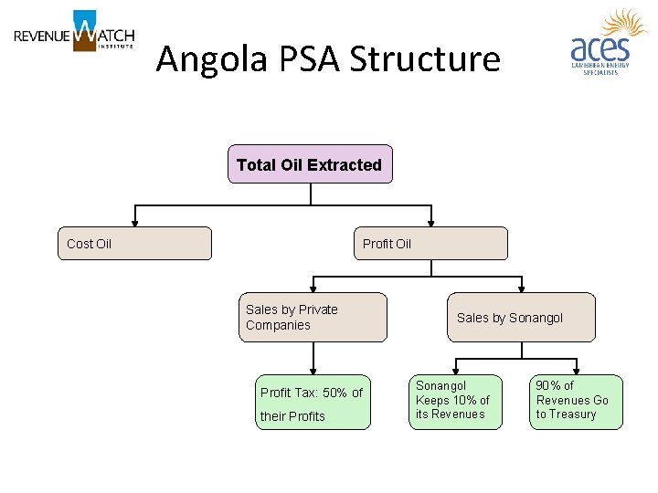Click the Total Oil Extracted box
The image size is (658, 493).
(310, 164)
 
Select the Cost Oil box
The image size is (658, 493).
(134, 244)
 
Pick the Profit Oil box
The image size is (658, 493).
(430, 244)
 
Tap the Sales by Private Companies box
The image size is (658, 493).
(313, 317)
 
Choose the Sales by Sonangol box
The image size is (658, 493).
(521, 317)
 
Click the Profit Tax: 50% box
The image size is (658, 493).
(313, 402)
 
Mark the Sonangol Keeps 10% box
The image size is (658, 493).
(455, 402)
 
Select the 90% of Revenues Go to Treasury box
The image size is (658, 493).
(576, 402)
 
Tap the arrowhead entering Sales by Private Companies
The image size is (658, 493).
(313, 288)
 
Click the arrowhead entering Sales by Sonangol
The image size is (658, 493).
(522, 288)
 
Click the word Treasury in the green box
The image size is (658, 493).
(574, 414)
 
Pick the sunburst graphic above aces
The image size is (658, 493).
(624, 25)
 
